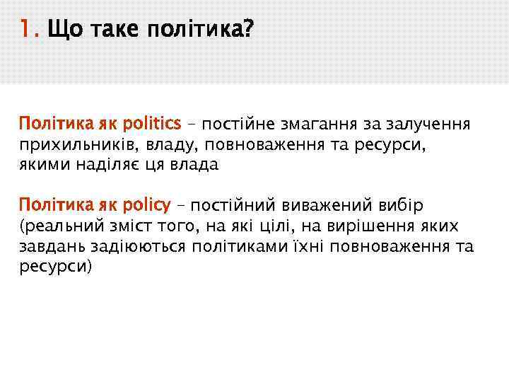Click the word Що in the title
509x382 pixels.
[61, 30]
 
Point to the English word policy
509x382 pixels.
[146, 206]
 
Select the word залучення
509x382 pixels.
[427, 125]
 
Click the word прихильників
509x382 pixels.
[77, 146]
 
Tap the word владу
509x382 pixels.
[168, 146]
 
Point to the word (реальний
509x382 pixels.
[54, 226]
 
